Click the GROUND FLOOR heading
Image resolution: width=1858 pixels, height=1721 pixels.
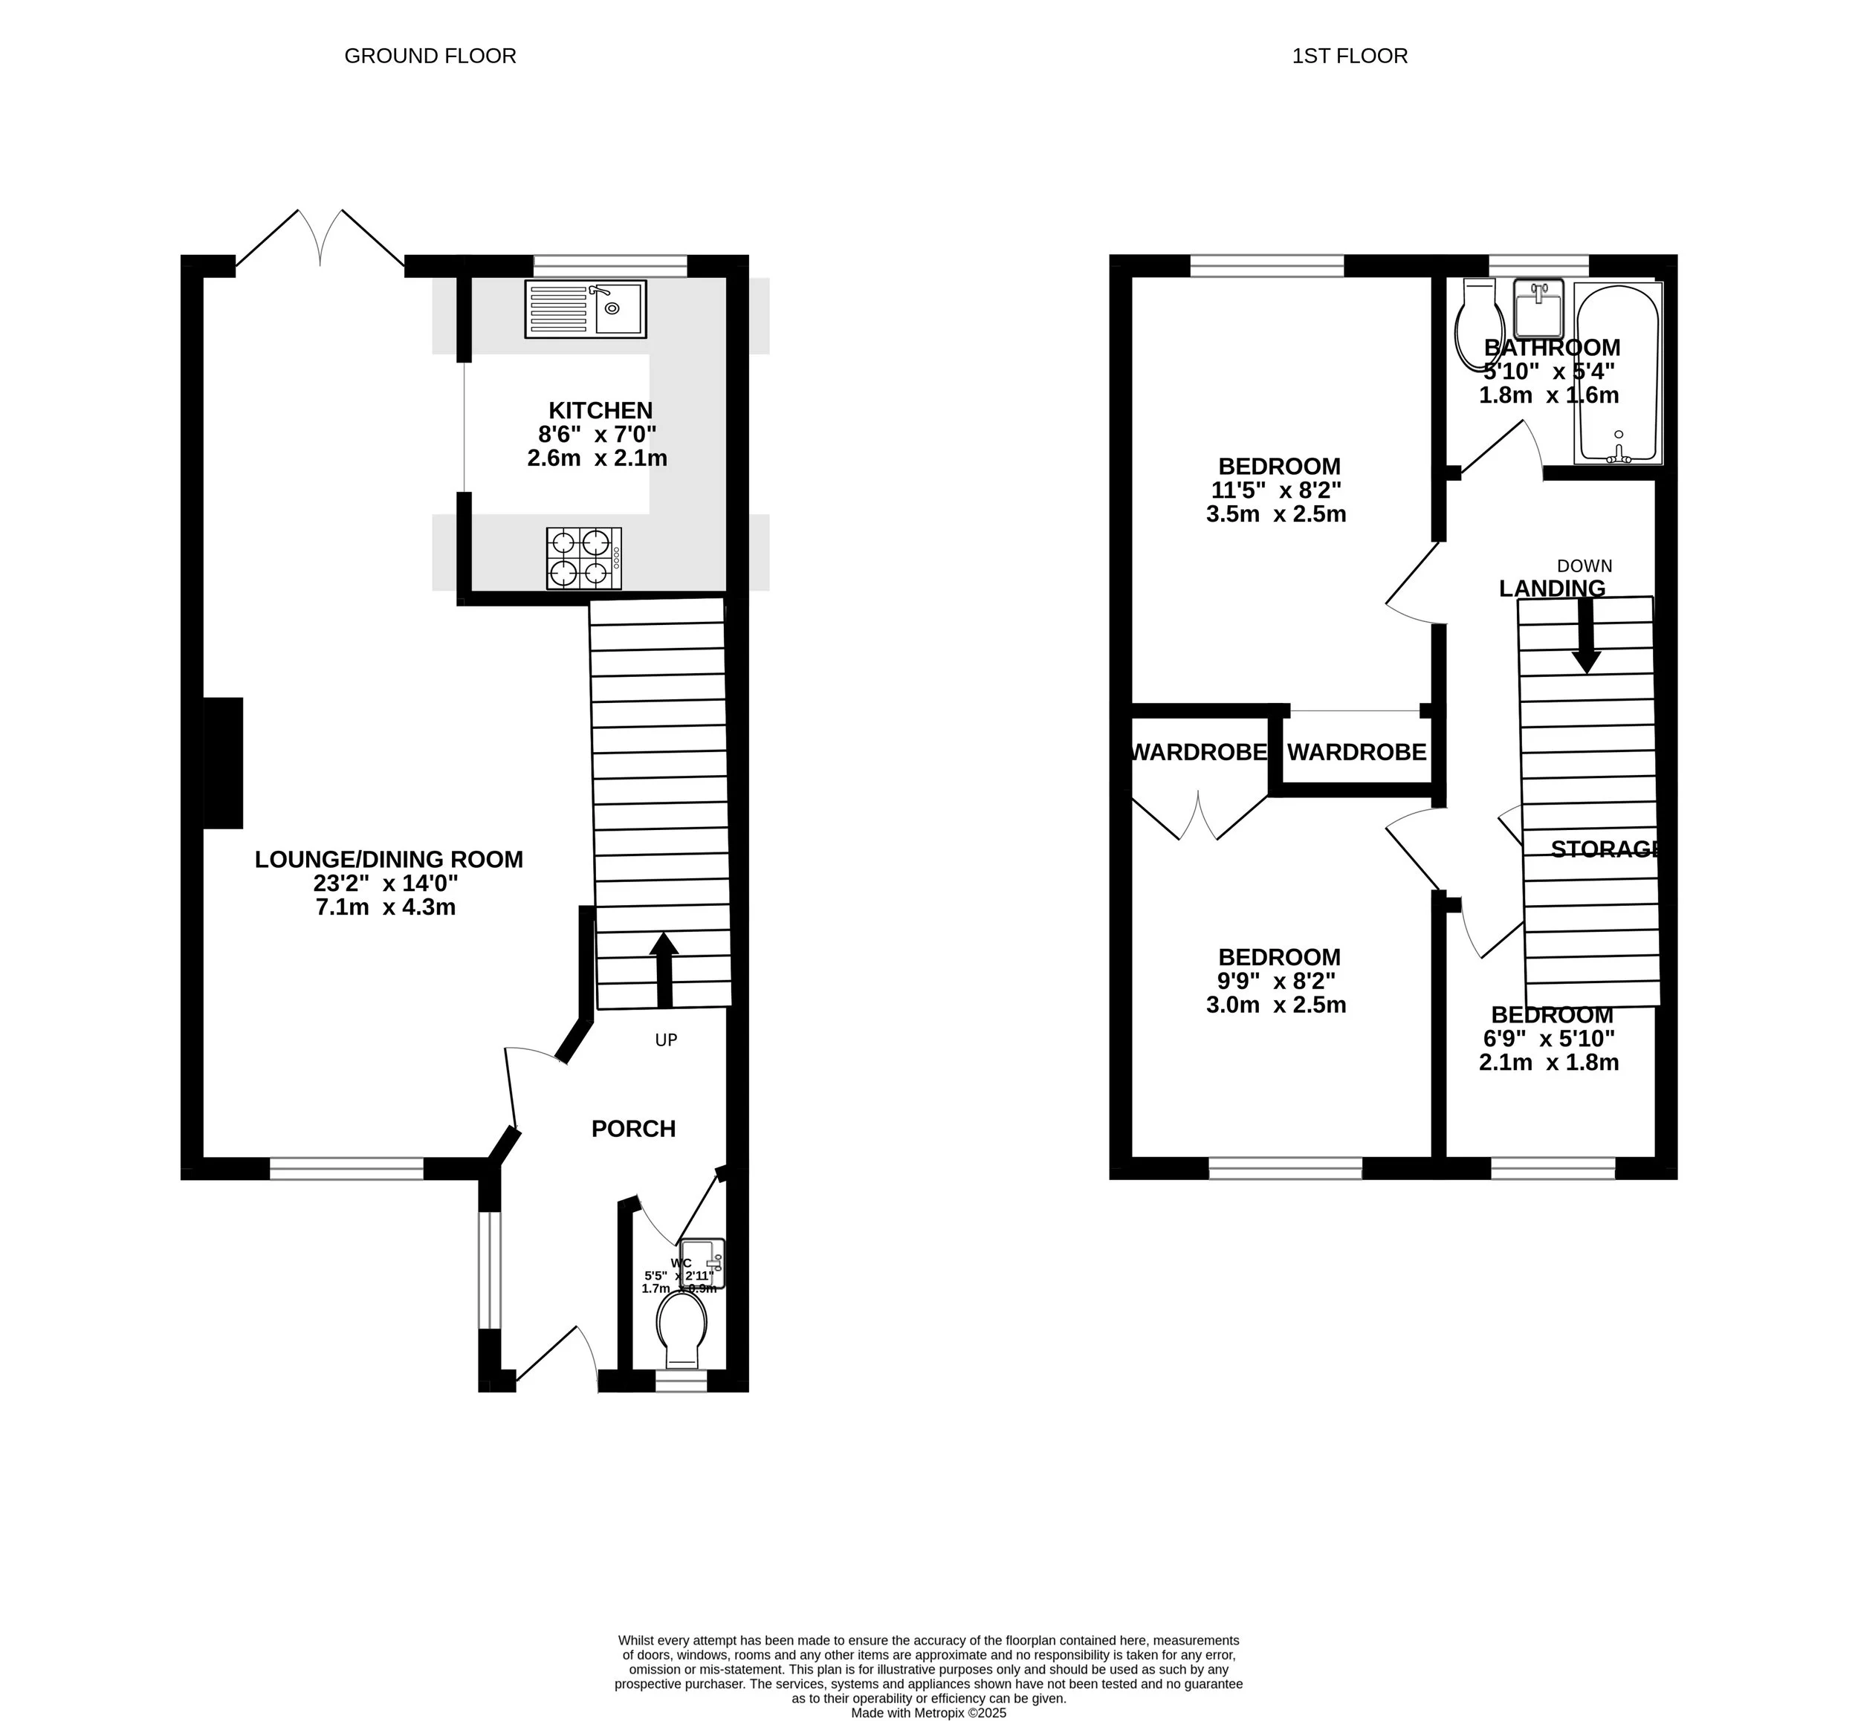tap(430, 56)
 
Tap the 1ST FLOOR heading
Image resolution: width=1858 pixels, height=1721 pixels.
tap(1349, 56)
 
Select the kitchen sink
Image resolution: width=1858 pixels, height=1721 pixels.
tap(585, 309)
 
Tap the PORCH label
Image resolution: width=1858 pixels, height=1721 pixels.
tap(633, 1129)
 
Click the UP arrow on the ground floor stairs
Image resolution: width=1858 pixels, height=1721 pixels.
tap(663, 968)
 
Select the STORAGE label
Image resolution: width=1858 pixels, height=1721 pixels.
tap(1605, 849)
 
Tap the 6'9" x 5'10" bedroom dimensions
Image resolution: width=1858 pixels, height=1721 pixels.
tap(1548, 1038)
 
